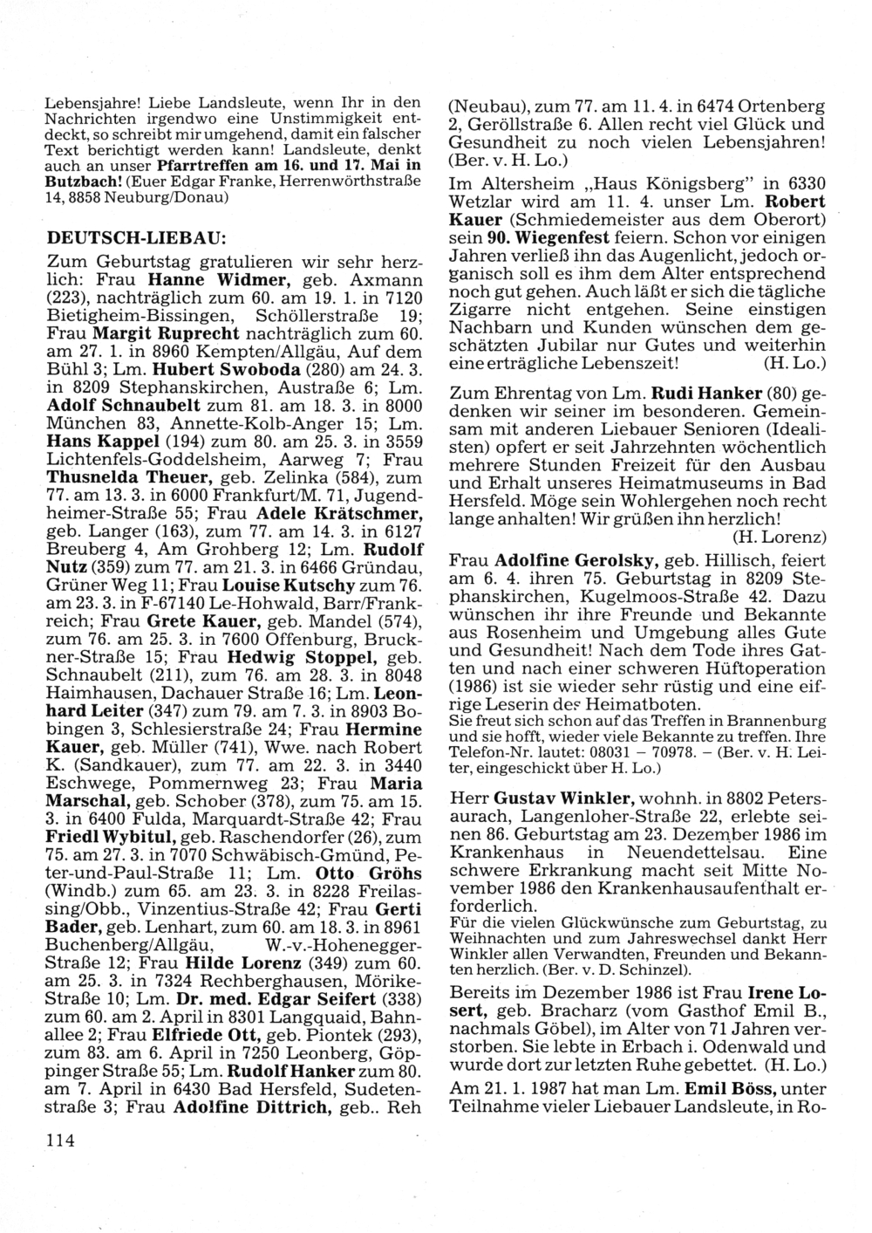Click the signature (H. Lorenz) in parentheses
(780, 534)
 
